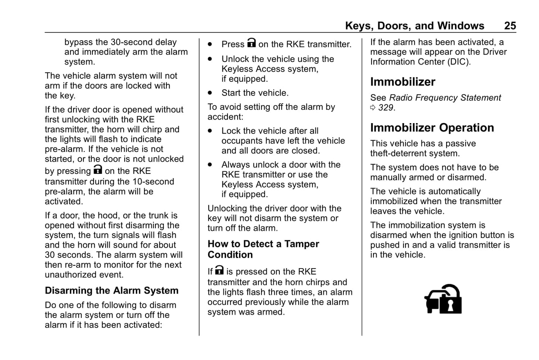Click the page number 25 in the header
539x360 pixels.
pyautogui.click(x=510, y=26)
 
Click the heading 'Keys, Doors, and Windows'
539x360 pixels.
pyautogui.click(x=414, y=26)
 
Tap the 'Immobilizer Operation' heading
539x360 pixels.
pyautogui.click(x=432, y=128)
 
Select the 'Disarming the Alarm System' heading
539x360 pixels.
pyautogui.click(x=112, y=291)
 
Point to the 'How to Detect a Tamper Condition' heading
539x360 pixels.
pyautogui.click(x=263, y=249)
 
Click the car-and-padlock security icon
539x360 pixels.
pyautogui.click(x=443, y=299)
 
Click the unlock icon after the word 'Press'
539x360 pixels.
pyautogui.click(x=251, y=43)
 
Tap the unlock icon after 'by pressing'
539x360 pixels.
pyautogui.click(x=98, y=170)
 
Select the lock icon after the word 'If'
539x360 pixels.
pyautogui.click(x=219, y=270)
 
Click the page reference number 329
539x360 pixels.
pyautogui.click(x=386, y=108)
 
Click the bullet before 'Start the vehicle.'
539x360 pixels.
pyautogui.click(x=210, y=93)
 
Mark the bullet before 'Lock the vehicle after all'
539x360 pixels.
pyautogui.click(x=210, y=131)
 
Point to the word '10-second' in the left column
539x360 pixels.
pyautogui.click(x=153, y=182)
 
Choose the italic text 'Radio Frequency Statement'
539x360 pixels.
pyautogui.click(x=445, y=98)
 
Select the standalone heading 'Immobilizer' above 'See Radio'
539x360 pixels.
pyautogui.click(x=402, y=82)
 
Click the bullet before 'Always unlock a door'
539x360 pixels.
pyautogui.click(x=210, y=165)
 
